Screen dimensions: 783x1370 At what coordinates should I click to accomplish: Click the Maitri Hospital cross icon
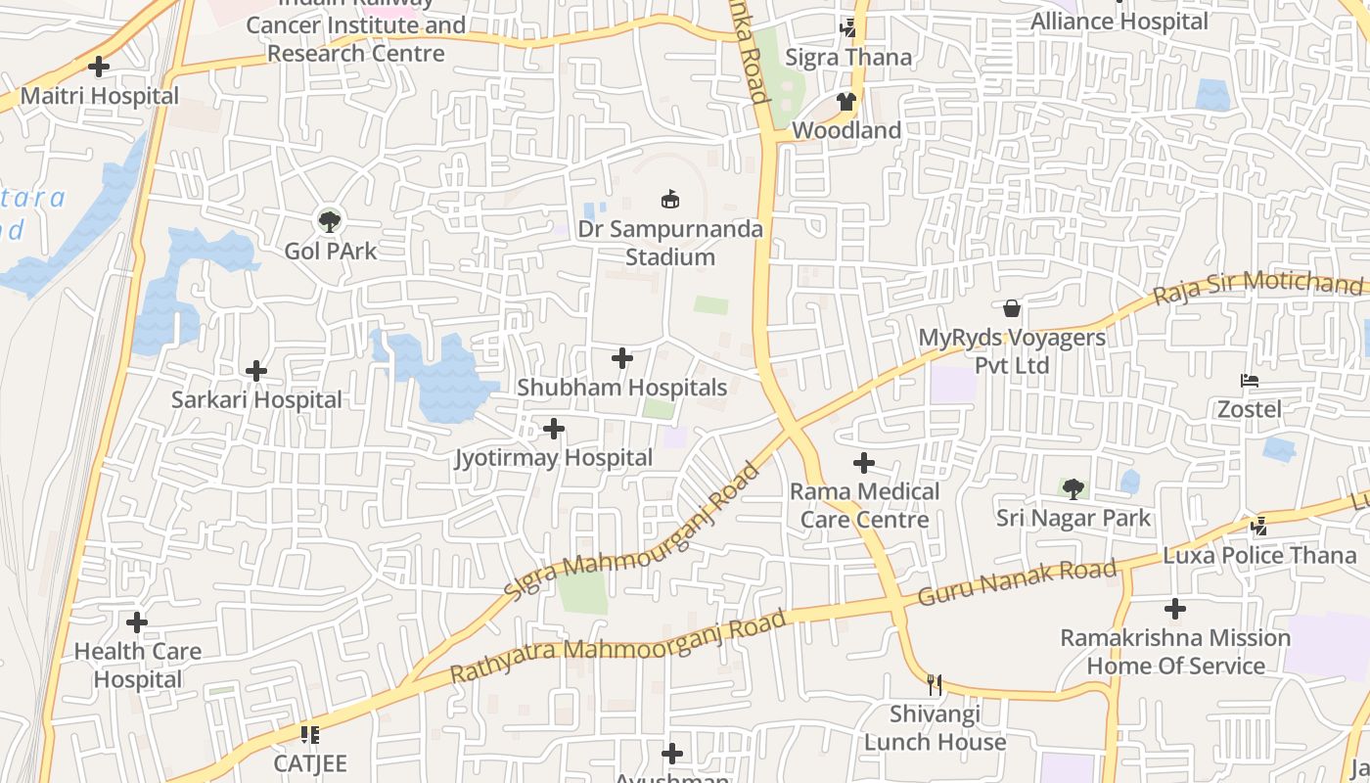point(99,67)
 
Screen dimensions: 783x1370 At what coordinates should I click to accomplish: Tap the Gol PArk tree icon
point(330,220)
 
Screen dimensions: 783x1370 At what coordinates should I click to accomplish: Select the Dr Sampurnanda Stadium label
point(670,243)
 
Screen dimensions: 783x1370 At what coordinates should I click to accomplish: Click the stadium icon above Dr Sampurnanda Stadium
point(670,200)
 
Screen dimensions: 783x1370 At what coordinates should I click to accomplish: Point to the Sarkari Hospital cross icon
point(256,371)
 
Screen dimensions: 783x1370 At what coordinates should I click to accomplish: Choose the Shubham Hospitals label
point(622,388)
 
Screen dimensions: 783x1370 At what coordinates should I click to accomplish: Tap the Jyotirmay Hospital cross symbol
point(554,429)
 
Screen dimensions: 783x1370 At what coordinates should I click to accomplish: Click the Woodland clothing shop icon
point(846,101)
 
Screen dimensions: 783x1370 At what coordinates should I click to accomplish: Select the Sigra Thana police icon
point(847,28)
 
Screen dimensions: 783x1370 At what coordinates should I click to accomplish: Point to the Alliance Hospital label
point(1120,21)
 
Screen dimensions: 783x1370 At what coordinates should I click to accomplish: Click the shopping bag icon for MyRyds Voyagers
point(1012,309)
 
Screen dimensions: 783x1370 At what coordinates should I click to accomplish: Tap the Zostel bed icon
point(1249,381)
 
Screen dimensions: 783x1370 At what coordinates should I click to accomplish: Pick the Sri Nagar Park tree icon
point(1073,488)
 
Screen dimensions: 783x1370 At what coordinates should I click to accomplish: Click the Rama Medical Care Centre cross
point(864,463)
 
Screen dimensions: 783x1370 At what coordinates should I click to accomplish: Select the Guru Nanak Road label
point(1018,582)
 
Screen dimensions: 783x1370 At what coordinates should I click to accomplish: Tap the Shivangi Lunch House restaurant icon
point(935,684)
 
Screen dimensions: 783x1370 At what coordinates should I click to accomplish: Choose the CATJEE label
point(310,763)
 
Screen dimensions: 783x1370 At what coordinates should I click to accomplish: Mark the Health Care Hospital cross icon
point(137,622)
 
